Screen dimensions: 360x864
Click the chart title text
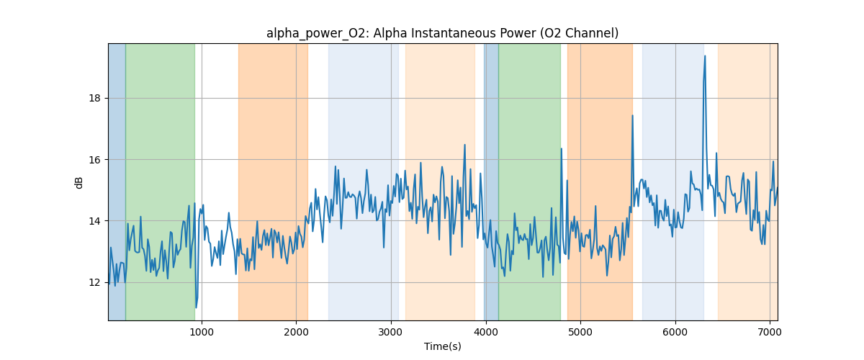pos(442,33)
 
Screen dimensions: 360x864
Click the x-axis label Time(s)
pos(442,346)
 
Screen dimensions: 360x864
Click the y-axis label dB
pos(79,183)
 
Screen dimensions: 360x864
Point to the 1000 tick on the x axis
pos(202,331)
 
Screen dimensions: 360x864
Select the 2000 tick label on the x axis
pos(296,331)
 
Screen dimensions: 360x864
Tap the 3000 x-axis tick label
pos(391,331)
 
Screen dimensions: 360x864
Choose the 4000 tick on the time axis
pos(485,331)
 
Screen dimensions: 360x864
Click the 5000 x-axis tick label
pos(580,331)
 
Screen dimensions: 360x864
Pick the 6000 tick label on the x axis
pos(675,331)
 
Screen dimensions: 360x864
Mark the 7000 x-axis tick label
pos(770,331)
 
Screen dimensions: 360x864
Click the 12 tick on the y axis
pos(95,282)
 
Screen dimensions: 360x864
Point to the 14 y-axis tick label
pos(95,221)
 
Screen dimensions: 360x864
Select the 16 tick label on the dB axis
pos(95,160)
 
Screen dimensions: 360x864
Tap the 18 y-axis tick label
pos(95,99)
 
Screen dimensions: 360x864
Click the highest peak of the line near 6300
pos(705,56)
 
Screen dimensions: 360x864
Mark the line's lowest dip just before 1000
pos(196,307)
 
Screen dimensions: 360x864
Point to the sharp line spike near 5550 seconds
pos(632,115)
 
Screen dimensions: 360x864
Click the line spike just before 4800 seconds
pos(561,149)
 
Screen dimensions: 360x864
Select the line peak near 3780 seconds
pos(464,145)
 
